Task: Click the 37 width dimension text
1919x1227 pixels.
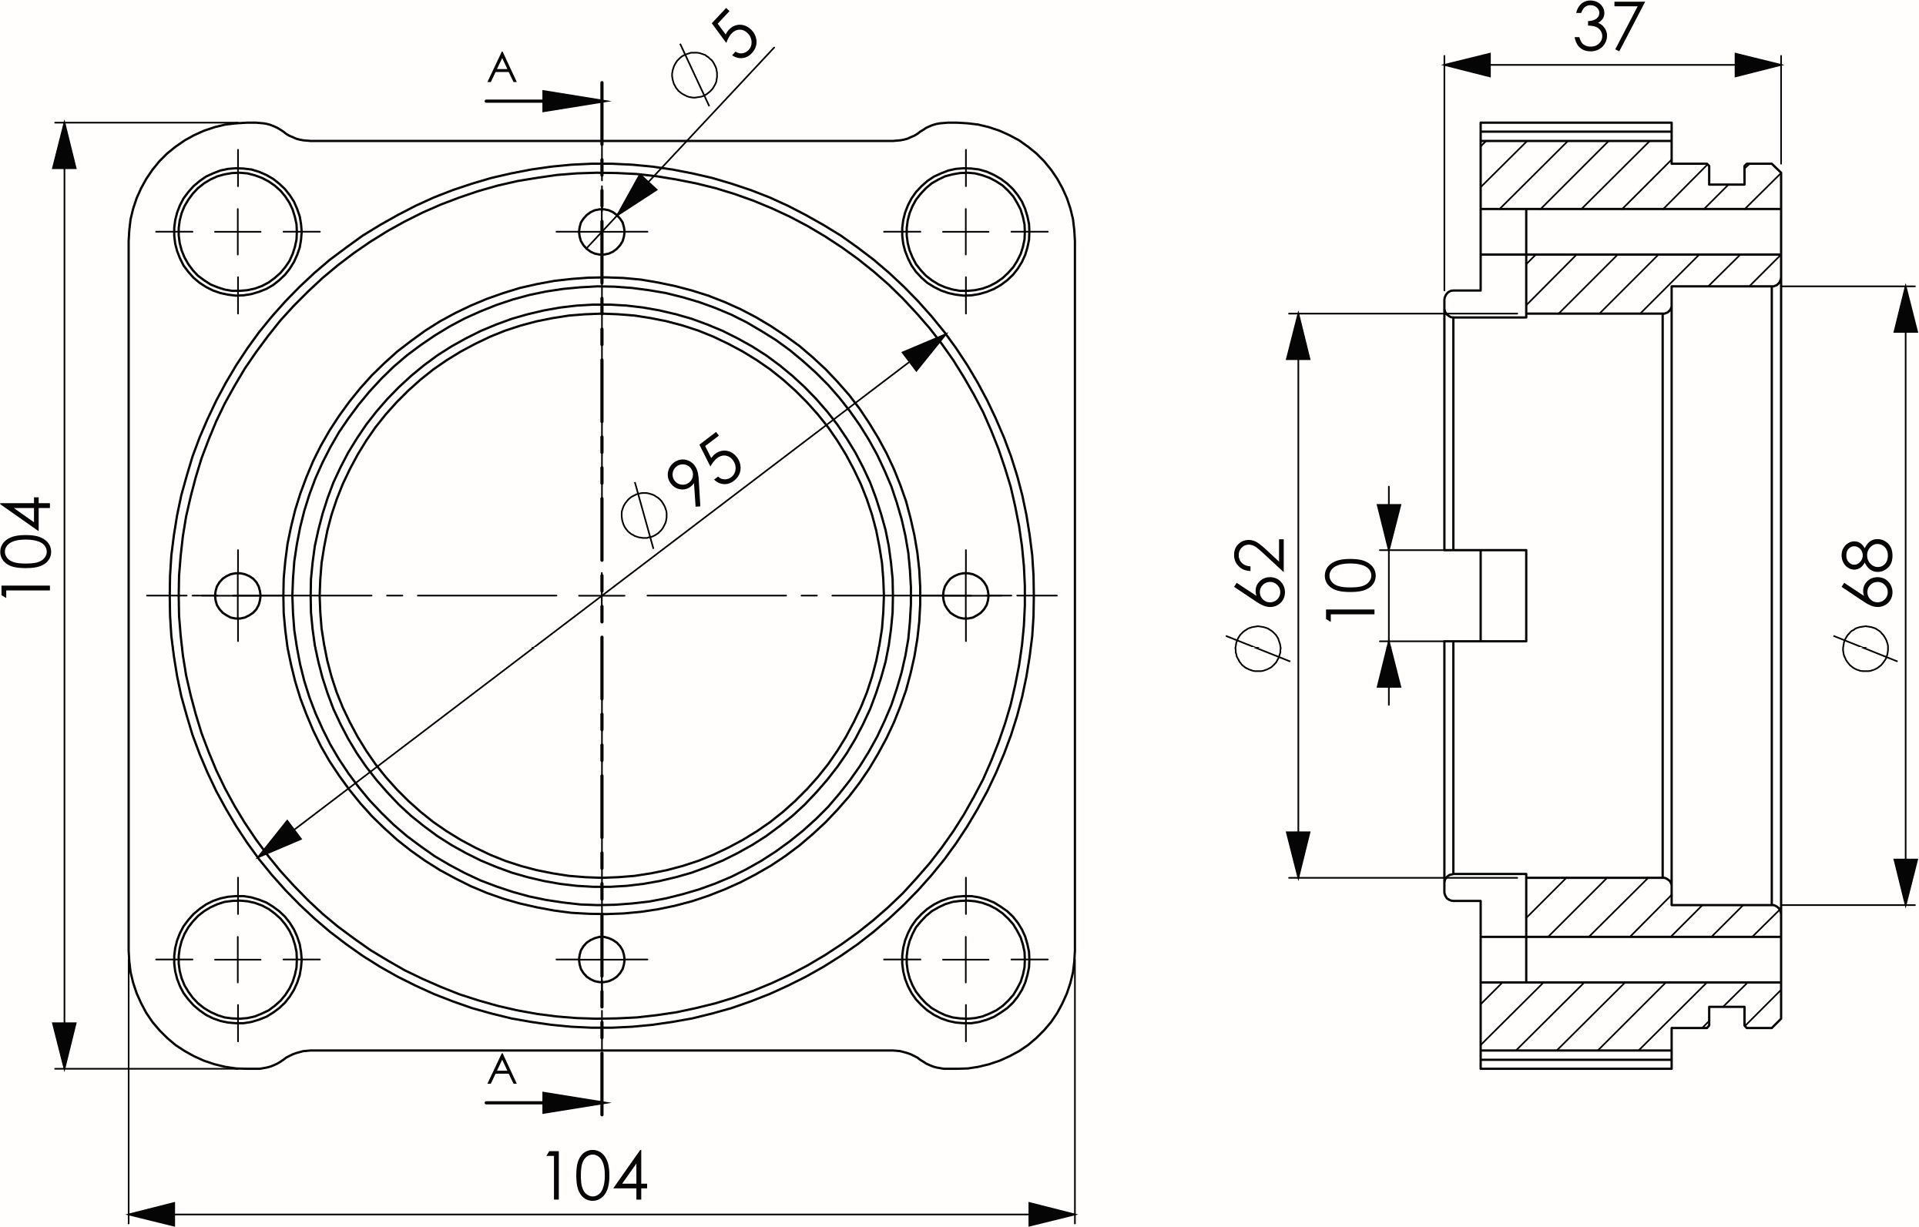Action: (x=1609, y=28)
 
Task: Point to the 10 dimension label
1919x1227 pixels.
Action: (x=1351, y=589)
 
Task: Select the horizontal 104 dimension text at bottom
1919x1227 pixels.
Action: (x=595, y=1176)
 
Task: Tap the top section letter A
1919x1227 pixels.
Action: (x=502, y=69)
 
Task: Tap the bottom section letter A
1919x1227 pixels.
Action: (x=502, y=1070)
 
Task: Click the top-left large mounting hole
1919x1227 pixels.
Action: (x=237, y=232)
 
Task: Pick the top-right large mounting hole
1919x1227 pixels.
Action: (x=966, y=232)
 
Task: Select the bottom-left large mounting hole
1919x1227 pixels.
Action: (x=237, y=959)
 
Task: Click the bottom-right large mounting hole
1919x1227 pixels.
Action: (x=966, y=959)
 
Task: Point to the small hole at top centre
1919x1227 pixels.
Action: (x=602, y=232)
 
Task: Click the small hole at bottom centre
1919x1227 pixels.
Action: (x=602, y=959)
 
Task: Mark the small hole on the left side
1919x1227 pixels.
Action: (x=237, y=595)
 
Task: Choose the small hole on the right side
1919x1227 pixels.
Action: (x=966, y=595)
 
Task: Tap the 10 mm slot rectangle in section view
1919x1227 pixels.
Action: (x=1503, y=595)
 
